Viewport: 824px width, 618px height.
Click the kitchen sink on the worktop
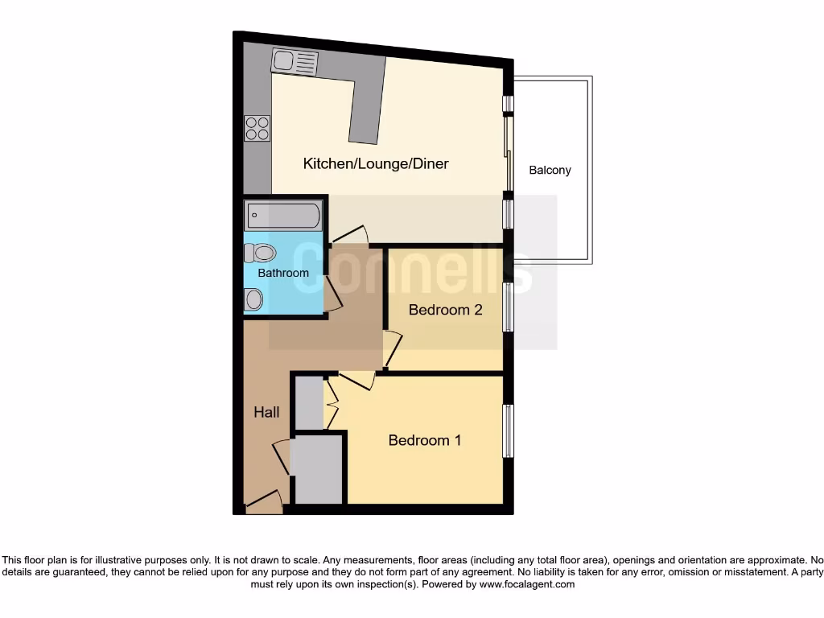[x=295, y=61]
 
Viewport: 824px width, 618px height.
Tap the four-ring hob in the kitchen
[x=257, y=129]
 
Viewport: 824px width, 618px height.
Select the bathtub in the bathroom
[x=283, y=216]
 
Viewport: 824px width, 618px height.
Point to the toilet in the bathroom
[x=260, y=253]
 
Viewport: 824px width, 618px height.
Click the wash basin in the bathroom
[x=253, y=300]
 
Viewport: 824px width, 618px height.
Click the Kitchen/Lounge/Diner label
[x=375, y=164]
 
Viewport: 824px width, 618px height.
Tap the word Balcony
[x=550, y=171]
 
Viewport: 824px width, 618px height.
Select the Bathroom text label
[x=283, y=273]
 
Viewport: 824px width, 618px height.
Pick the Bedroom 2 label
[x=445, y=310]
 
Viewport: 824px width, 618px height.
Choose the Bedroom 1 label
[x=425, y=440]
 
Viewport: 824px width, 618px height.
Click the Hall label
[x=266, y=412]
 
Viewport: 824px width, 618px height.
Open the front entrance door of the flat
[x=264, y=503]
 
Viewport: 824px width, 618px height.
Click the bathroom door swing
[x=332, y=295]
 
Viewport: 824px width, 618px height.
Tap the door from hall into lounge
[x=351, y=235]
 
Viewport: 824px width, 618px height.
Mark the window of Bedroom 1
[x=508, y=431]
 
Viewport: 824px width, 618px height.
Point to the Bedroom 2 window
[x=508, y=307]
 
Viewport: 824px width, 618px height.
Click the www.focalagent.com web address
[x=526, y=584]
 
